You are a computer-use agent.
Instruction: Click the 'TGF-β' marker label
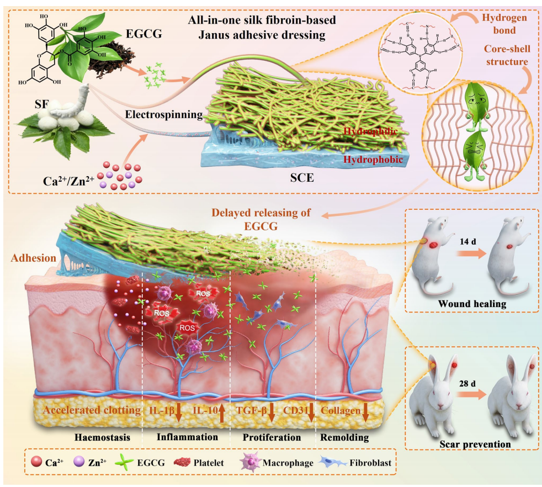tap(252, 411)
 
